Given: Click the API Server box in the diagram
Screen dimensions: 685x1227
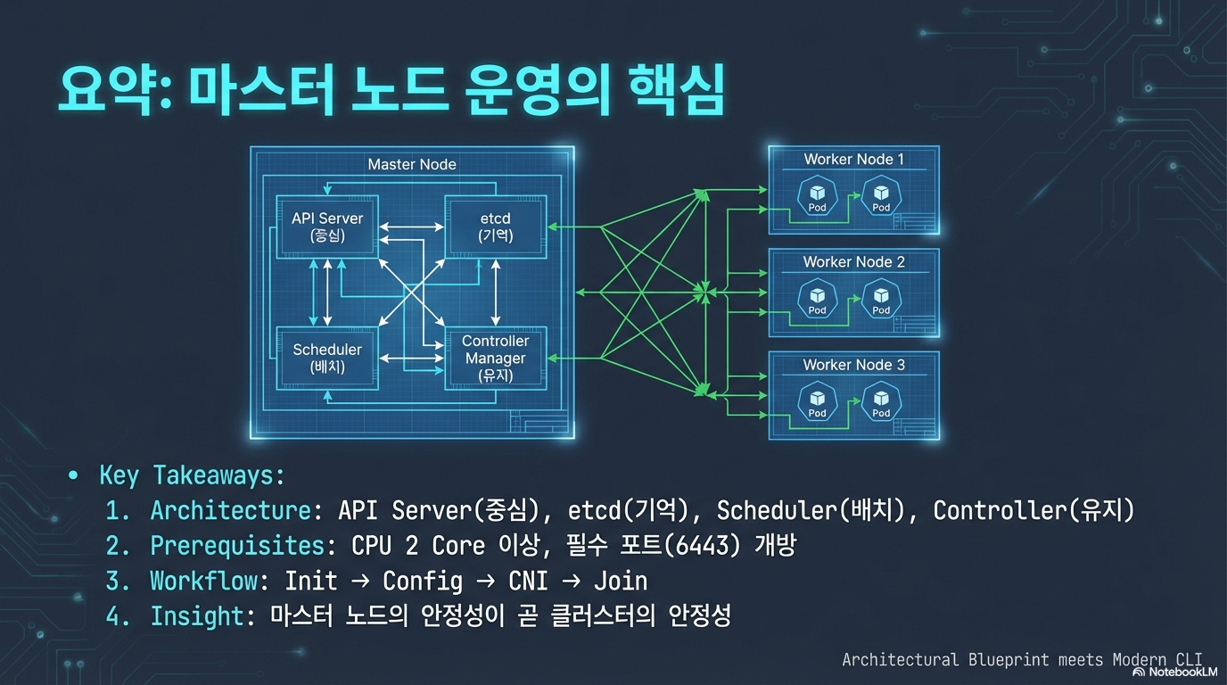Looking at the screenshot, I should point(326,227).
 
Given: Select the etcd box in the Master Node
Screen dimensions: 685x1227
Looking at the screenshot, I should point(495,227).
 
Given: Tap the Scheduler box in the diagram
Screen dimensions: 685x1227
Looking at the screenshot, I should point(326,358).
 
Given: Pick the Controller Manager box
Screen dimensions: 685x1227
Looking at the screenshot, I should point(495,358).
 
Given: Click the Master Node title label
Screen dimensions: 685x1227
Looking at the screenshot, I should point(412,164).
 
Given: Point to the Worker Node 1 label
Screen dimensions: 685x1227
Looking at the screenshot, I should point(853,159).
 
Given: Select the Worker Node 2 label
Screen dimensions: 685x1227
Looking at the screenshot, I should point(853,261).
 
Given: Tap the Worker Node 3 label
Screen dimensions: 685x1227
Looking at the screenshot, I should point(853,364).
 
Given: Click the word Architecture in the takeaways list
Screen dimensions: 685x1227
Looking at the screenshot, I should point(230,510).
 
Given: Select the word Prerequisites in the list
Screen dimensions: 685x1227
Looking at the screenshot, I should point(236,545).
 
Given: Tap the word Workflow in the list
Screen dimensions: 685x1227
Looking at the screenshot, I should point(203,581).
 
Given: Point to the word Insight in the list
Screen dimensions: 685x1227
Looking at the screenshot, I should point(196,615).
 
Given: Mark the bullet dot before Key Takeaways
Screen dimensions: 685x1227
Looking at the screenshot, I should point(73,475).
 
